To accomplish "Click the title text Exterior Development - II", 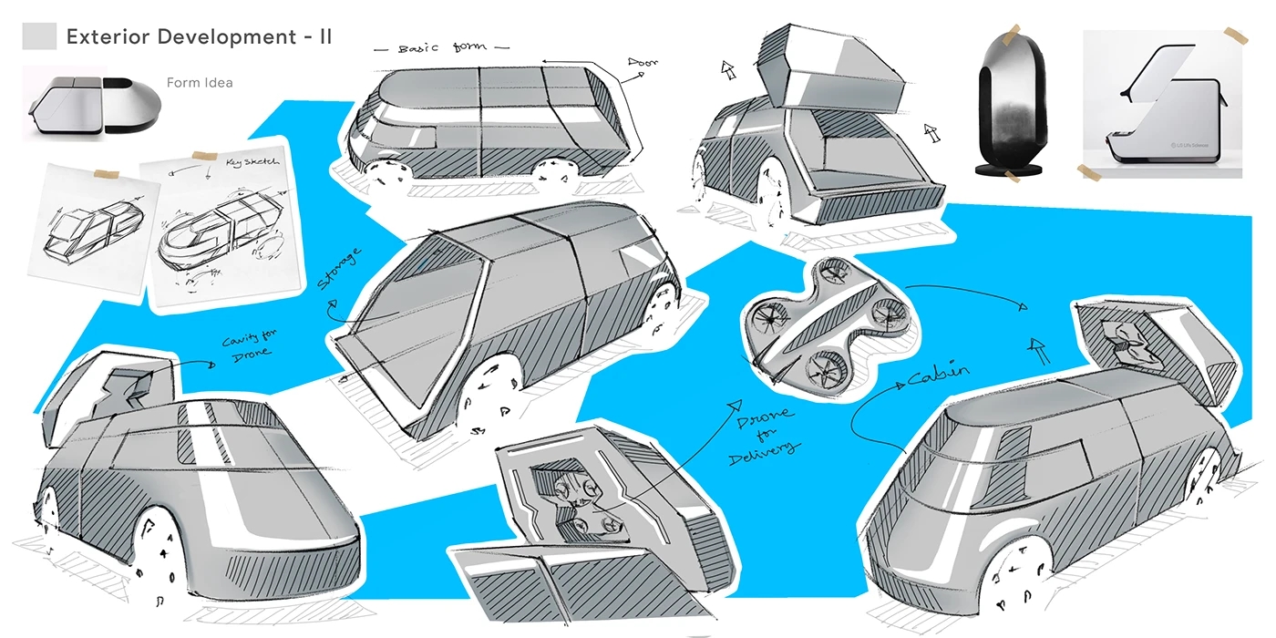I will tap(199, 36).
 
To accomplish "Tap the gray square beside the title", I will tap(39, 36).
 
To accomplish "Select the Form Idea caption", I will tap(200, 83).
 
